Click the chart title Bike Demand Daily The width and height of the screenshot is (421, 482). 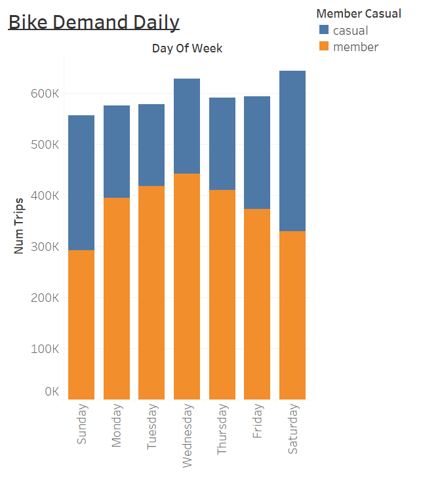(94, 22)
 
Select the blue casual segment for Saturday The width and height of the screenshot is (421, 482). (292, 151)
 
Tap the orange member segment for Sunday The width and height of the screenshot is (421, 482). (81, 324)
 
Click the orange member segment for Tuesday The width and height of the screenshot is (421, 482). (151, 292)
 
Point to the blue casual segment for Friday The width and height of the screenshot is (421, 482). (257, 153)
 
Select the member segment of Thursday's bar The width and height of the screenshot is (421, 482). (222, 294)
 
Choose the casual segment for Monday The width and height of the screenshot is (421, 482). (117, 151)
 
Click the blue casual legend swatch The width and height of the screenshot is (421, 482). (324, 30)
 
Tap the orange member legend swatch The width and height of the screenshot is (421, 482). (324, 46)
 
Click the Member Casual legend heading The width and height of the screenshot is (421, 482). (358, 14)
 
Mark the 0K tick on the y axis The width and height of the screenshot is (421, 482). (52, 392)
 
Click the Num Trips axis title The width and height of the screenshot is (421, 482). (19, 225)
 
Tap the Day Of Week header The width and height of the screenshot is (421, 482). (187, 48)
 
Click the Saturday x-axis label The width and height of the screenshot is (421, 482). (293, 429)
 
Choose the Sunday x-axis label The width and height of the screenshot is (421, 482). (82, 425)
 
